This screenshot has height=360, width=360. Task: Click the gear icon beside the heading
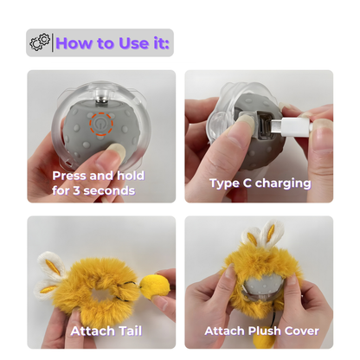(x=40, y=42)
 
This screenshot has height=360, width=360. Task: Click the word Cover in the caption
(x=300, y=331)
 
